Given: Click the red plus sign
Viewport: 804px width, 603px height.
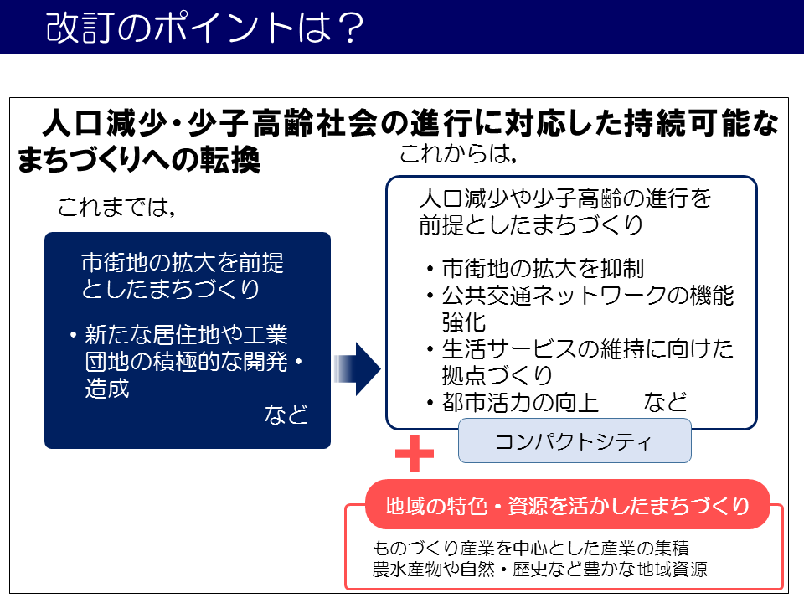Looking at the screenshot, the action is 415,453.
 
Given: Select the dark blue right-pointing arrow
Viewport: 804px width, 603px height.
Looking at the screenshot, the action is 358,369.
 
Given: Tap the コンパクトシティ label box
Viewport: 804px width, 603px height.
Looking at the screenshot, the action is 575,441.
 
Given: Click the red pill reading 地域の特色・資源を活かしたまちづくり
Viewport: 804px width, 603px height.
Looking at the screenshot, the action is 568,505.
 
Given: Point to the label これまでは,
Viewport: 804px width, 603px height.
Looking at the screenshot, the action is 117,207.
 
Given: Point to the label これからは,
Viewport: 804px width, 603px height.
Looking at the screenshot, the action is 458,153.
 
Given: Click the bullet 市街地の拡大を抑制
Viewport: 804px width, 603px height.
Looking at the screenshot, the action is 543,268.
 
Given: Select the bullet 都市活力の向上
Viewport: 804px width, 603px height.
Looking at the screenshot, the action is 520,402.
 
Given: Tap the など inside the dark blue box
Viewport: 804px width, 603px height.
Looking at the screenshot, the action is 286,415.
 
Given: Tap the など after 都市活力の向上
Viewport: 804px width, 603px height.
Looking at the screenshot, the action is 666,402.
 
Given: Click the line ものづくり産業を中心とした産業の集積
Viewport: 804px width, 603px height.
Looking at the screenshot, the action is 531,548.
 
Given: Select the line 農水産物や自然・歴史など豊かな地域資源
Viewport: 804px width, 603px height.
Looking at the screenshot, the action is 539,569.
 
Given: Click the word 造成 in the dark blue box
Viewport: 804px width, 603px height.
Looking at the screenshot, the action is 107,388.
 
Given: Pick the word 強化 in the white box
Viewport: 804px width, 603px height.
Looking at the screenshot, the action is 464,322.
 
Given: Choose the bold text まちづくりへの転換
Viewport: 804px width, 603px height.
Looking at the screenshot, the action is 139,159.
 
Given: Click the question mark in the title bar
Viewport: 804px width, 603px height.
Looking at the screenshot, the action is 352,28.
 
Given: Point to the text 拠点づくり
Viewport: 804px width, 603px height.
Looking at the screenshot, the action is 497,375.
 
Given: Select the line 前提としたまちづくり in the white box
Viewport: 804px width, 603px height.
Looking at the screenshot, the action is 531,224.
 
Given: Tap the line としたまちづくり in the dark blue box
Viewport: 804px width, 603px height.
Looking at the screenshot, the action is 171,289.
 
